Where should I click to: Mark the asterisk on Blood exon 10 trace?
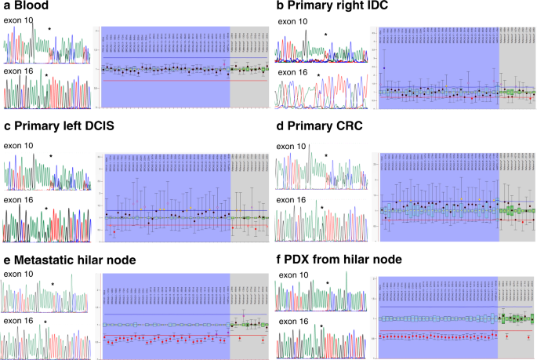coord(49,29)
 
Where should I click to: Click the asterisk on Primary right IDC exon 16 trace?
coord(319,76)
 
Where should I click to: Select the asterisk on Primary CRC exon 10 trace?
coord(325,156)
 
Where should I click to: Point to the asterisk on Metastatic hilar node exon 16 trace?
coord(45,322)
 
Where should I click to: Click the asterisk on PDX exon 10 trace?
coord(328,284)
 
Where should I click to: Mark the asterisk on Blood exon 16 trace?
coord(46,76)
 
